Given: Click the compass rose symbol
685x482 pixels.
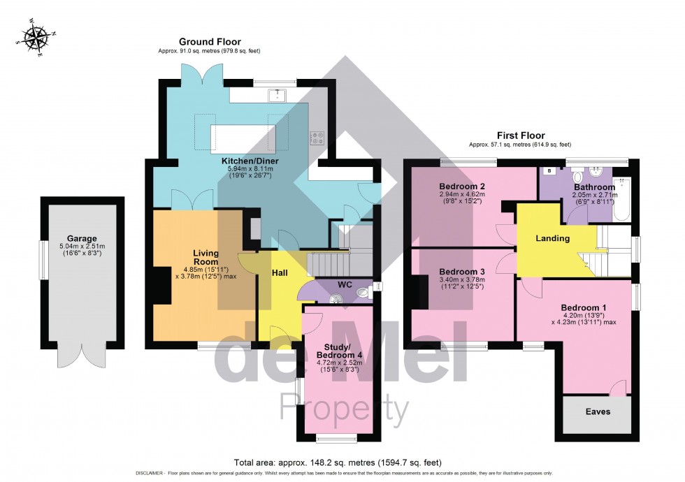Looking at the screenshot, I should [x=32, y=38].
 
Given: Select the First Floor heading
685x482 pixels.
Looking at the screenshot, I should [x=521, y=135].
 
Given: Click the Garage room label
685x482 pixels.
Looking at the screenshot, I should [x=82, y=238].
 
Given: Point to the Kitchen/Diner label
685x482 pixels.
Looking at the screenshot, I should [x=241, y=159].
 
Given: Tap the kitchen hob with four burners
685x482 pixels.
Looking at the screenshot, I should [x=316, y=138].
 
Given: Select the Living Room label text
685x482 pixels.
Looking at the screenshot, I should [x=206, y=257].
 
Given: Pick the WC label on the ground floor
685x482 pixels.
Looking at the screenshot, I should [x=344, y=285].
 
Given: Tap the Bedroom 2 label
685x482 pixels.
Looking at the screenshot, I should [x=462, y=187].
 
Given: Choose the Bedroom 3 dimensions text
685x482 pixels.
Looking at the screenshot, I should [x=462, y=283].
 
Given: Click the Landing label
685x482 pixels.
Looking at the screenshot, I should [x=553, y=238].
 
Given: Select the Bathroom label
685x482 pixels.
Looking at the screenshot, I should [x=594, y=187].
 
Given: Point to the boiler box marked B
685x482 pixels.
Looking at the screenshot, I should [x=549, y=170].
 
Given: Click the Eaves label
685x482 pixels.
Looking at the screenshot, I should [x=598, y=411].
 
